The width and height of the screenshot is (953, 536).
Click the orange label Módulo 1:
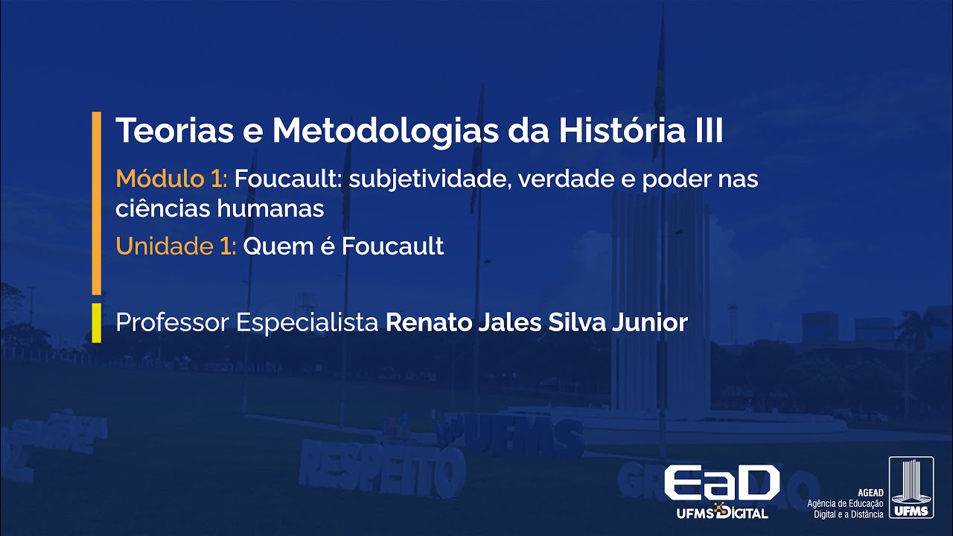171,179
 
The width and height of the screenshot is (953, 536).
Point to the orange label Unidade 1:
176,246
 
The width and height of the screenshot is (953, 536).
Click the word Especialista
307,324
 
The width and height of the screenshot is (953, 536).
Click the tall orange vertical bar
96,202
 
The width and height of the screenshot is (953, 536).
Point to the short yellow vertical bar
96,322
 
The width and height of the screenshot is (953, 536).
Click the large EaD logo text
721,482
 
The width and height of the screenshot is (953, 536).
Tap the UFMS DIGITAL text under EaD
721,512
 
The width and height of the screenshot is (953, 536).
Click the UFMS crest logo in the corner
911,488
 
